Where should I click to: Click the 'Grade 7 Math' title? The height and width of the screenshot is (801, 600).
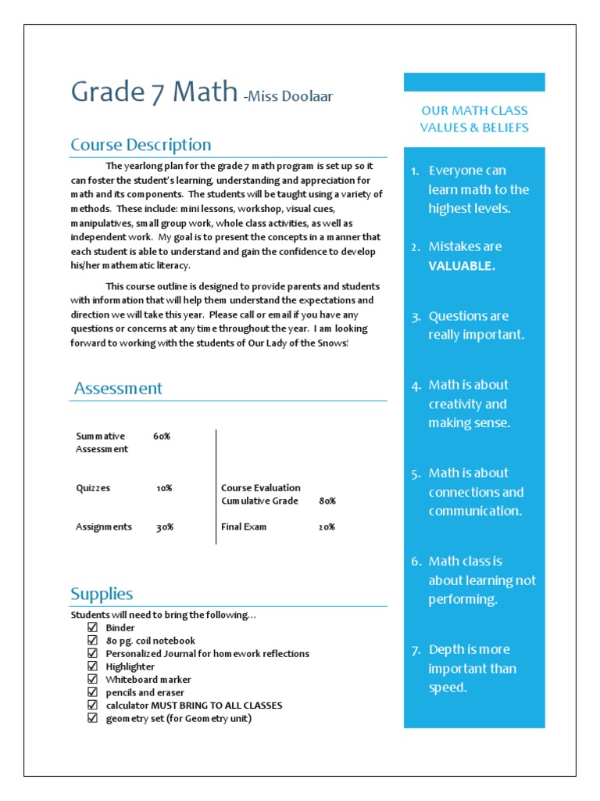point(154,92)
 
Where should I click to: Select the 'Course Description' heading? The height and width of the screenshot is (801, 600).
point(141,145)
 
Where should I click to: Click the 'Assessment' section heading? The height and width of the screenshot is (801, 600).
point(118,388)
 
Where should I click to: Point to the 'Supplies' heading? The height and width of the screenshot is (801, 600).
point(102,594)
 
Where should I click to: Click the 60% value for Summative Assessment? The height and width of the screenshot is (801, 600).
point(162,436)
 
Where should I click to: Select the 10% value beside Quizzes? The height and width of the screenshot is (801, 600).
point(164,488)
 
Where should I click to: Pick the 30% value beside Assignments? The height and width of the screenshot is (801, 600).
point(164,527)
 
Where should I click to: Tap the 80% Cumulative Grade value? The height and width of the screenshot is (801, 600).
point(327,501)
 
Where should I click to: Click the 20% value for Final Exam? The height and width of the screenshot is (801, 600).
point(327,527)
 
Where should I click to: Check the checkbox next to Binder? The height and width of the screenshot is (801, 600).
point(92,627)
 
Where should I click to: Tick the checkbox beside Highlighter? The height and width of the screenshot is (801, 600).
point(92,666)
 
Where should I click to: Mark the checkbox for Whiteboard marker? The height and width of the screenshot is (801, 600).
point(92,680)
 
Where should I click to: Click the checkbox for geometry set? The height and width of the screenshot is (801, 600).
point(92,718)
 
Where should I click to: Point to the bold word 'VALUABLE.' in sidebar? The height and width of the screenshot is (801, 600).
point(461,266)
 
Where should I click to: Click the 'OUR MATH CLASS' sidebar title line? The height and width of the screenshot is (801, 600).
point(474,111)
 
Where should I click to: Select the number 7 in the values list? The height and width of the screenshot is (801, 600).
point(415,650)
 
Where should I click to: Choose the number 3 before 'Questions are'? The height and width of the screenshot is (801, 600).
point(415,317)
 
